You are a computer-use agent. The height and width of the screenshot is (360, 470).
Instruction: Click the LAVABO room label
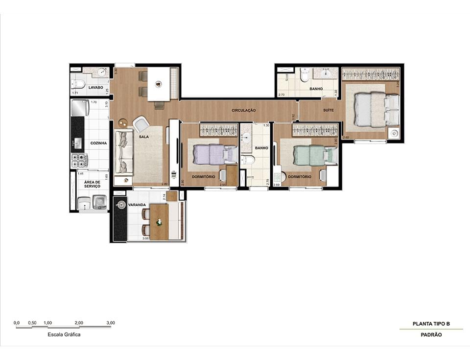(96, 88)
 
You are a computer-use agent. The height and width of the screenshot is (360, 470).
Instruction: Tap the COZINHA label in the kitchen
(98, 143)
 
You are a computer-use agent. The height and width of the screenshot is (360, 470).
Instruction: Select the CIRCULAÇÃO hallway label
(244, 111)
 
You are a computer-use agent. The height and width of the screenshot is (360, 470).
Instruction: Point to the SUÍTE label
(328, 111)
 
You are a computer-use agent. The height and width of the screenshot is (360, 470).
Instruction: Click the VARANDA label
(137, 205)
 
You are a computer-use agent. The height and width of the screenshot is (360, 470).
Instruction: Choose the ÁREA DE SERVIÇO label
(92, 184)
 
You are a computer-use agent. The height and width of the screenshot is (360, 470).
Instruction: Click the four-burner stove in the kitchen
(79, 161)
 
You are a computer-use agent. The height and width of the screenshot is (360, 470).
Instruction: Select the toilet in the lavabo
(78, 84)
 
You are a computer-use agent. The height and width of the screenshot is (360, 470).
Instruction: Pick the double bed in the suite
(376, 110)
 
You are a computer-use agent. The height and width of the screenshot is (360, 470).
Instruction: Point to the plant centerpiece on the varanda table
(159, 222)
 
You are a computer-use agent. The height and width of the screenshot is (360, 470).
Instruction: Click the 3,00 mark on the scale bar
(111, 323)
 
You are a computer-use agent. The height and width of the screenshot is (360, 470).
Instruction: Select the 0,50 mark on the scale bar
(32, 323)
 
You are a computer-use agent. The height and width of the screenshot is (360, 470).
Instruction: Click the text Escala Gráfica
(64, 335)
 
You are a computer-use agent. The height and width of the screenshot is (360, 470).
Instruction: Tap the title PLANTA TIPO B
(431, 324)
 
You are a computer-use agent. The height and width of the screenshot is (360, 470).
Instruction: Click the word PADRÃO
(431, 335)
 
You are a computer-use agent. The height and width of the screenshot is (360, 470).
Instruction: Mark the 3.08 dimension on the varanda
(145, 239)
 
